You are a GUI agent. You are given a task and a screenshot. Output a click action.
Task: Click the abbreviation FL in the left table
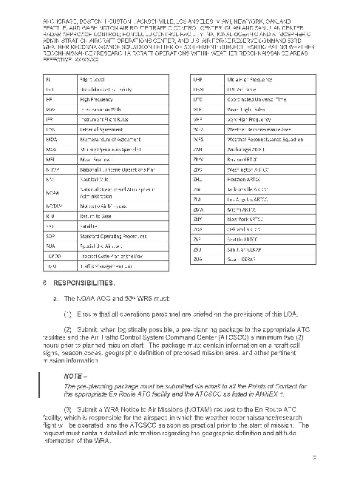[x=49, y=78]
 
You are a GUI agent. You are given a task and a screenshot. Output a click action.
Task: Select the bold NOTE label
[x=76, y=376]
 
